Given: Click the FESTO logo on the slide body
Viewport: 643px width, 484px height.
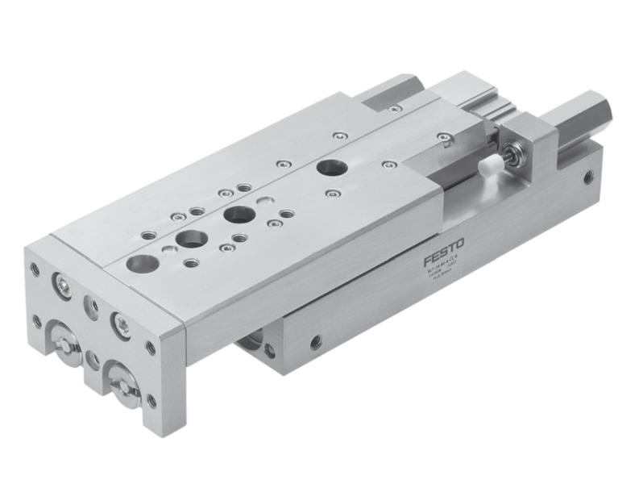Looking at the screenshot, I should pyautogui.click(x=445, y=258).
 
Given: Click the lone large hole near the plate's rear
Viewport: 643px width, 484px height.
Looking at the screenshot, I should pyautogui.click(x=328, y=168).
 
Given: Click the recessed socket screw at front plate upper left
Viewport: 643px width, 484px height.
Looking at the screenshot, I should pyautogui.click(x=61, y=283).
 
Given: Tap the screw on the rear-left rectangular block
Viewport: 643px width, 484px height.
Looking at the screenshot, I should pyautogui.click(x=394, y=107).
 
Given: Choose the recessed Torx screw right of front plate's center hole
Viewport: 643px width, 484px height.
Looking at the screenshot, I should pyautogui.click(x=121, y=323).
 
